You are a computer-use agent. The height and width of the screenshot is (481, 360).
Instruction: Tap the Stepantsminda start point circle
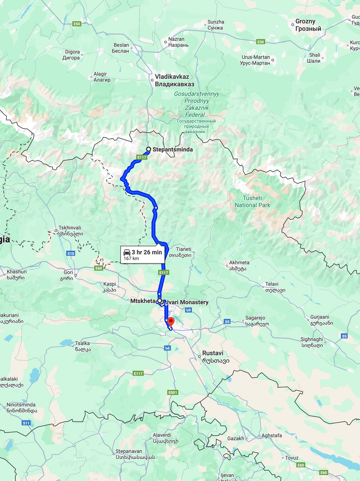tap(148, 149)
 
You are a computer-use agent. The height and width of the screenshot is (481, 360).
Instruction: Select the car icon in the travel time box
tap(126, 252)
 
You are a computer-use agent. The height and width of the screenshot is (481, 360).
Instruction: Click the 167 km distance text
tap(130, 259)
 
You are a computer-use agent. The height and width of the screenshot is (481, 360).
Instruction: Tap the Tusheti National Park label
tap(252, 201)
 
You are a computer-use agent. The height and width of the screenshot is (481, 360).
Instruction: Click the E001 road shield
tap(173, 392)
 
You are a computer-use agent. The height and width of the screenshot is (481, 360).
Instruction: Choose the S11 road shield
tap(27, 423)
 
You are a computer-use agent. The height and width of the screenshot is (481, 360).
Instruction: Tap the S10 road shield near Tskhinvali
tap(71, 254)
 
